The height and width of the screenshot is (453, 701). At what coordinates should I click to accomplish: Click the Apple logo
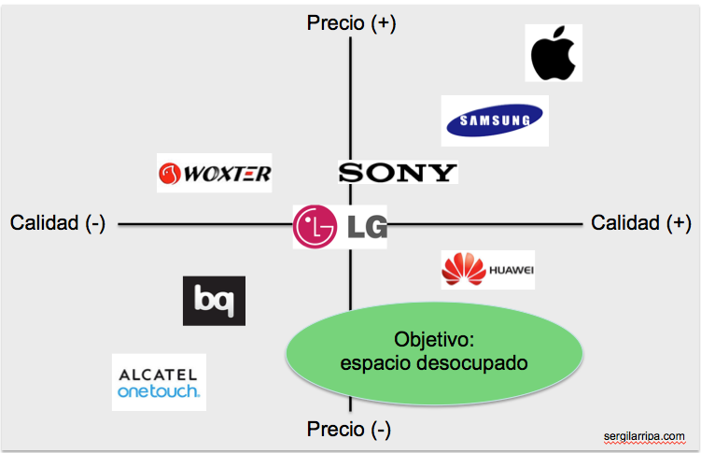(x=554, y=53)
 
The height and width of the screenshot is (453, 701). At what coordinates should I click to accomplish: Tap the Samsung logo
(x=494, y=120)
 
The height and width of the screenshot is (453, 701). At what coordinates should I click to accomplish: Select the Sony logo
(x=398, y=172)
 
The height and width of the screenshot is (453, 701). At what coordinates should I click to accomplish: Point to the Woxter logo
(x=215, y=173)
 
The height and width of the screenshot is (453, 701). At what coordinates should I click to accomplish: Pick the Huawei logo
(x=488, y=270)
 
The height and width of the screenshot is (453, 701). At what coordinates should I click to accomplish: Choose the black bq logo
(x=214, y=301)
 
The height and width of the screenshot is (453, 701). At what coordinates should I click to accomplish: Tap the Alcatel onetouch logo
(x=159, y=382)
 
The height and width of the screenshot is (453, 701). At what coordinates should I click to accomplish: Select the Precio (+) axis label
(x=351, y=23)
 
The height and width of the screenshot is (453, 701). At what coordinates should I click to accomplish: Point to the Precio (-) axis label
(x=349, y=429)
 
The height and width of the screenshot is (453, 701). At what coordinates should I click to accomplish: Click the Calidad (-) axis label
(x=58, y=223)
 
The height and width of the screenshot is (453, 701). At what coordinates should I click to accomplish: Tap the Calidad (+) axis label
(x=641, y=223)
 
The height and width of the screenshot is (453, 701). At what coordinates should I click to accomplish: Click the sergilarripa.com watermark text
(x=645, y=435)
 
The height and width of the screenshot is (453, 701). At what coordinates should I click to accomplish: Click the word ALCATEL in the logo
(x=159, y=374)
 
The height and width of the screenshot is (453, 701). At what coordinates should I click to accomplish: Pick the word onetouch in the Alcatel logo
(x=159, y=391)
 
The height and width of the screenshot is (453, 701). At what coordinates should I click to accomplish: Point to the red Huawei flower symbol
(x=464, y=270)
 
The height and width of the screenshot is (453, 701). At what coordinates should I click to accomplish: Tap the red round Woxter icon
(x=169, y=174)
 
